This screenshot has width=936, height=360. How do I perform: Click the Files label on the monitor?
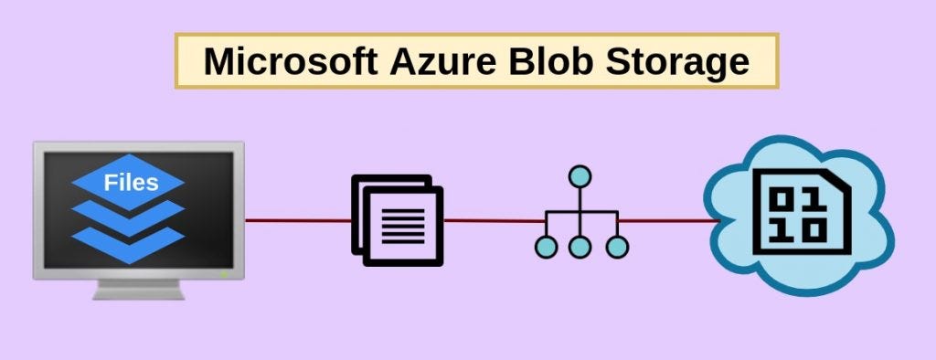tap(130, 182)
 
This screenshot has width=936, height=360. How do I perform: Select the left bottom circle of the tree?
tap(546, 246)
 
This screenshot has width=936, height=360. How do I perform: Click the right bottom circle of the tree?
tap(619, 246)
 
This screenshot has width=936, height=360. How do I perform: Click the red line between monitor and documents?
tap(298, 220)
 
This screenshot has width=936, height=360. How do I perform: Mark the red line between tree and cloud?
tap(667, 220)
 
